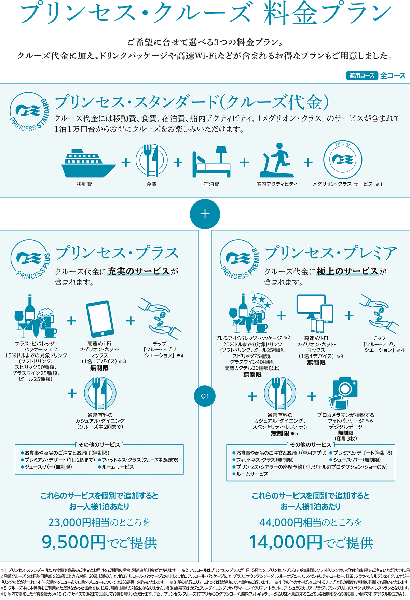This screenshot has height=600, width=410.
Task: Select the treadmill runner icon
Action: (x=277, y=160)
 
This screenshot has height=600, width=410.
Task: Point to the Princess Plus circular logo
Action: (x=31, y=260)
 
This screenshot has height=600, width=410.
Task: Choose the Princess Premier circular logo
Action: (x=240, y=260)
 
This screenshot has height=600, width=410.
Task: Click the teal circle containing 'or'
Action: (x=205, y=396)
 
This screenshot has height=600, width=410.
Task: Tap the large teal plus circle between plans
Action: (x=205, y=214)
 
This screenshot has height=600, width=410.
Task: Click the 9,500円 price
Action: (x=74, y=542)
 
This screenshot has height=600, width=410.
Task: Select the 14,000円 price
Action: (x=286, y=542)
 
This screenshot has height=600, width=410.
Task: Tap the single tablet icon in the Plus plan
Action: (x=99, y=319)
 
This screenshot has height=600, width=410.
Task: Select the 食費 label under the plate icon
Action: (x=152, y=184)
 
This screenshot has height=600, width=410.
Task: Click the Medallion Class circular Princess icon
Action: (x=343, y=159)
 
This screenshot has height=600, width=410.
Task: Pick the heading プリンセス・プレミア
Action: (x=331, y=253)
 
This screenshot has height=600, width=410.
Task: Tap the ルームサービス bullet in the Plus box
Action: (x=116, y=467)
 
